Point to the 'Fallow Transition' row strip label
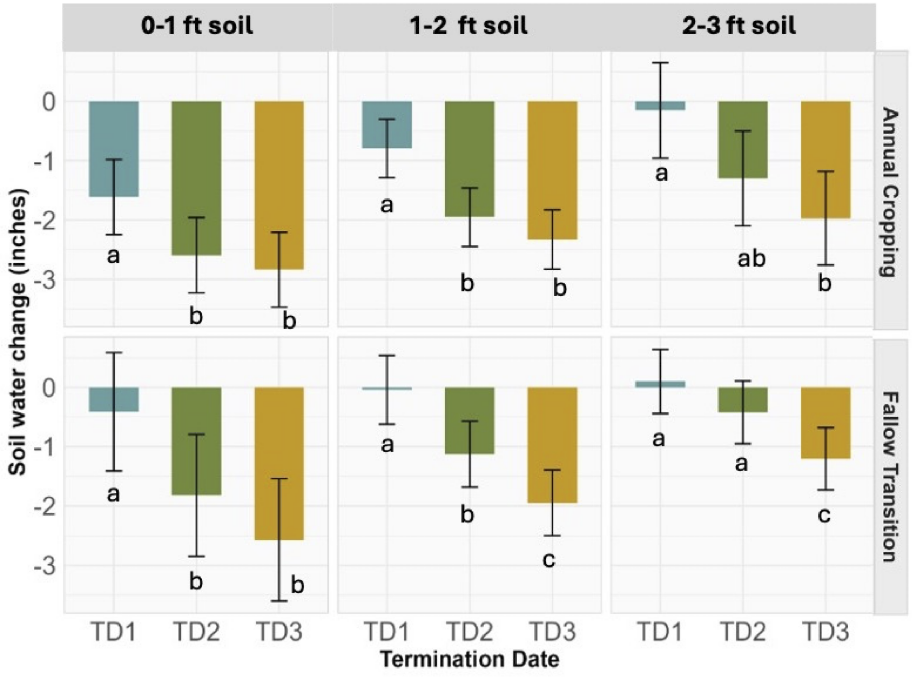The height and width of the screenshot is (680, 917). point(890,477)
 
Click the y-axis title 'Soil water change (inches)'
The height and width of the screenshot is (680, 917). point(18,332)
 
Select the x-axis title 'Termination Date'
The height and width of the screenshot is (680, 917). point(469,659)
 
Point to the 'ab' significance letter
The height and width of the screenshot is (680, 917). point(751,259)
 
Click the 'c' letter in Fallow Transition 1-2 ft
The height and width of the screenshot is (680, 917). point(549,559)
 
